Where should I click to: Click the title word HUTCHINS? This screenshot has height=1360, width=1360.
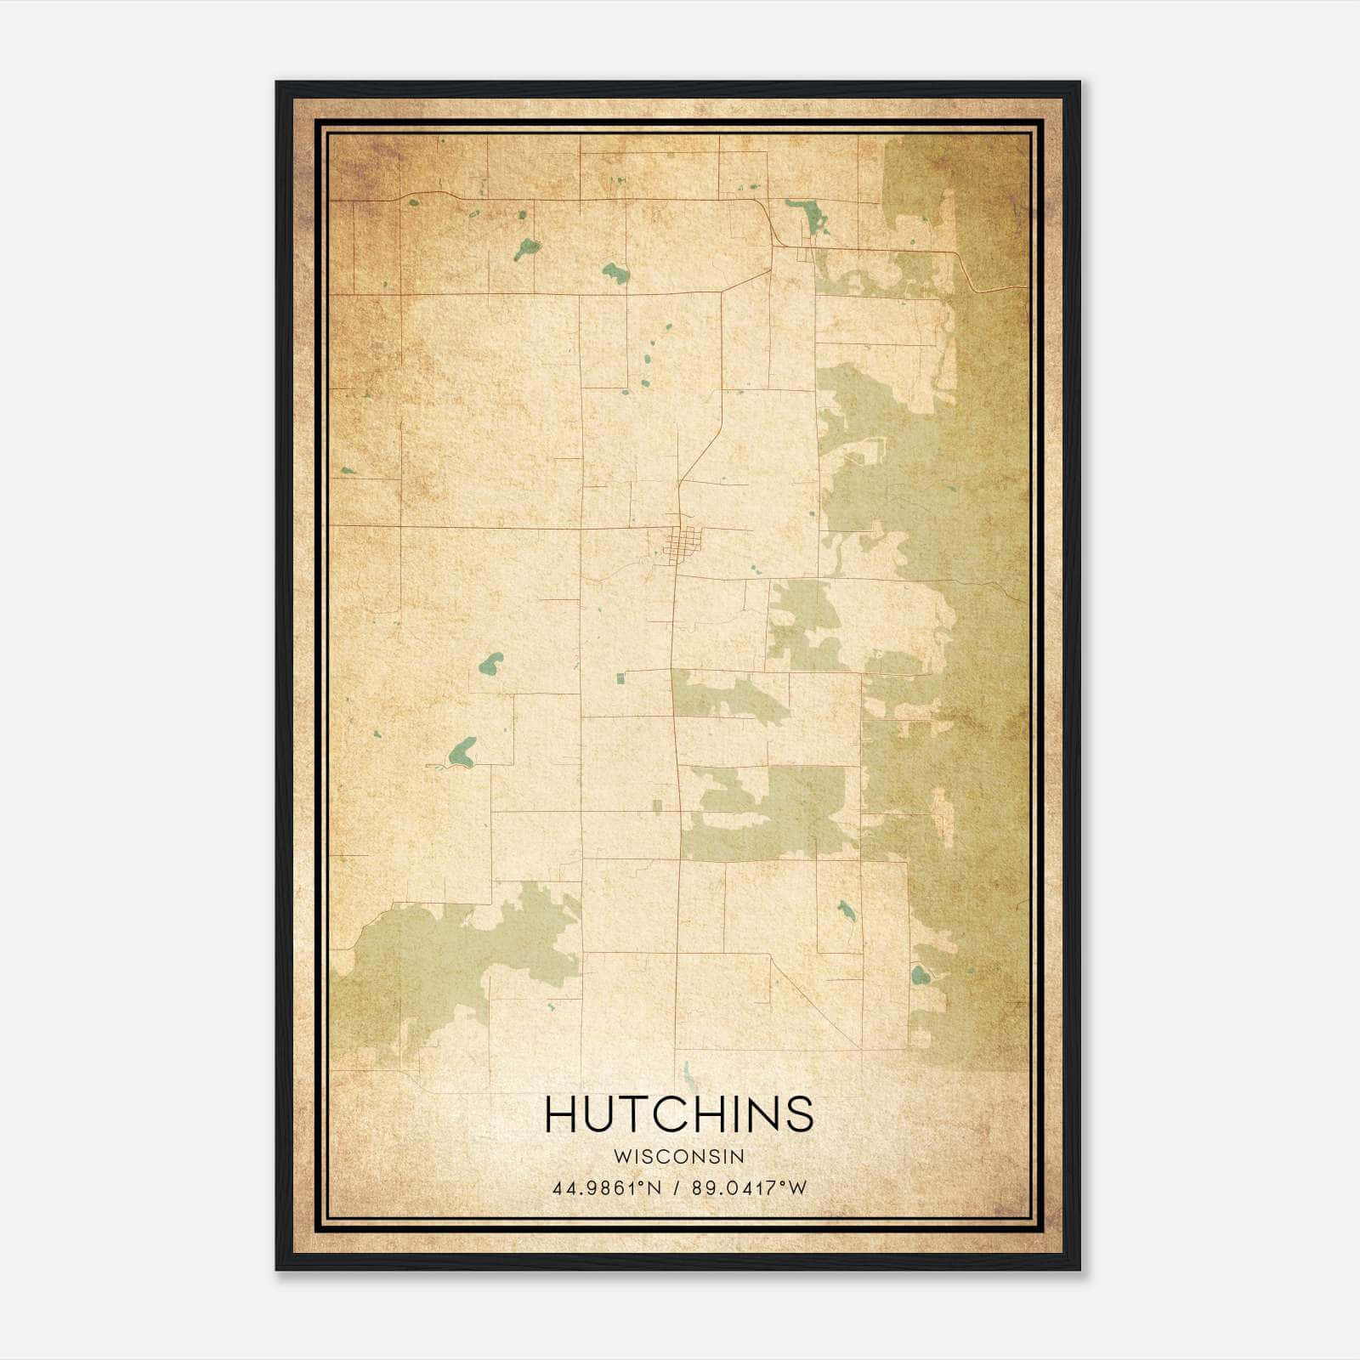coord(679,1114)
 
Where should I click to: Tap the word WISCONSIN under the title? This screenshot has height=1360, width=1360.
coord(679,1156)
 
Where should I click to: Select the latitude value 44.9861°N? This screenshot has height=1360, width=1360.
coord(606,1188)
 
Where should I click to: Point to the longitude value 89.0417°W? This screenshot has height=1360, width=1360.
coord(748,1188)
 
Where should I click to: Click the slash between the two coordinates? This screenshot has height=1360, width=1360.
coord(677,1188)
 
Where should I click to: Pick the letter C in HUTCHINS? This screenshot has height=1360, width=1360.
coord(687,1114)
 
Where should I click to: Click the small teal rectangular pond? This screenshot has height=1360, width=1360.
coord(620,677)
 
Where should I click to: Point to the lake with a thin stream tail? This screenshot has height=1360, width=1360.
coord(462,752)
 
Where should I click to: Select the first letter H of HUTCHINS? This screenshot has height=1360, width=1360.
coord(562,1114)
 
